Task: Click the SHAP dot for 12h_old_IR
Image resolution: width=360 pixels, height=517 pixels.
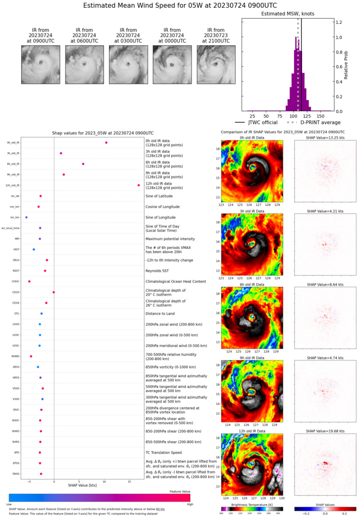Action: tap(139, 185)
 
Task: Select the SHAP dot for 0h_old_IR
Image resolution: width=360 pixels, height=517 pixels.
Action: tap(106, 143)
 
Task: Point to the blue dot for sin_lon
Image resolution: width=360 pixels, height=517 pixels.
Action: tap(26, 218)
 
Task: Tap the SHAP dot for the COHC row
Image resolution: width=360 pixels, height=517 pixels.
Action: tap(29, 281)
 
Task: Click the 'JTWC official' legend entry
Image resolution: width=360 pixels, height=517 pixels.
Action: tap(256, 122)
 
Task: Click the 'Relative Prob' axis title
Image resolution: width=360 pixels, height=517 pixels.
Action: tap(354, 66)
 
